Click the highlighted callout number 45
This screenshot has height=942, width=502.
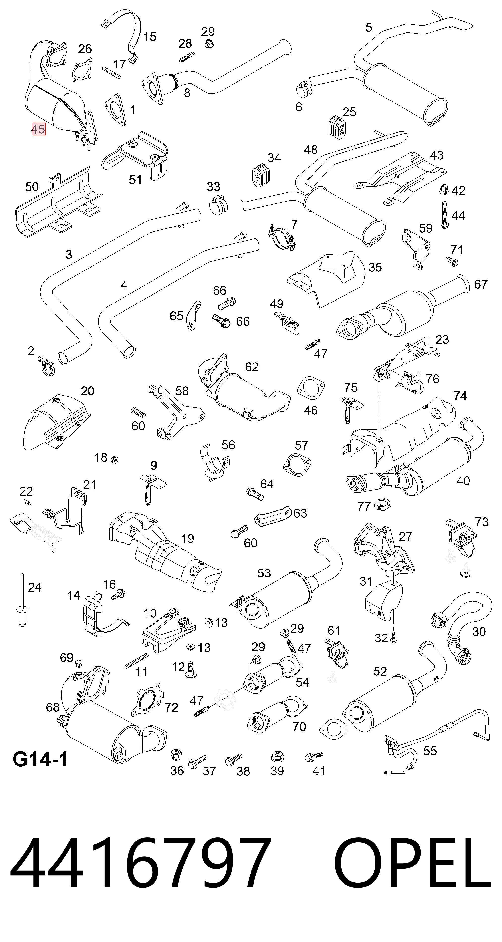coord(39,129)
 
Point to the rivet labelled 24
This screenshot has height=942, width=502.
coord(22,600)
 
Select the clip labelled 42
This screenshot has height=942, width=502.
coord(443,189)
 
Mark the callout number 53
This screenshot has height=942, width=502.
coord(264,573)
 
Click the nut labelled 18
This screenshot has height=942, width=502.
coord(114,460)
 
